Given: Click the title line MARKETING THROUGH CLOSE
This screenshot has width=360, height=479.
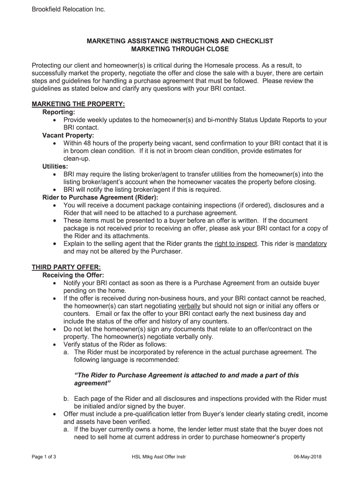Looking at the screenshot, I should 180,49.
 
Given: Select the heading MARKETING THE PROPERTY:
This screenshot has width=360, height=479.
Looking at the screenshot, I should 78,104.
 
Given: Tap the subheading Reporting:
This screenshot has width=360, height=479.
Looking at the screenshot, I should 58,112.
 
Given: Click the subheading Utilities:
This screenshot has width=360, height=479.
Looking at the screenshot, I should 55,166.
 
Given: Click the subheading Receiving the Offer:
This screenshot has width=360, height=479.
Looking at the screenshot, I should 73,275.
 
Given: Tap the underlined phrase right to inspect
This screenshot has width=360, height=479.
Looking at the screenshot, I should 236,244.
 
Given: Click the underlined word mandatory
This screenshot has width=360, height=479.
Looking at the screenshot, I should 311,244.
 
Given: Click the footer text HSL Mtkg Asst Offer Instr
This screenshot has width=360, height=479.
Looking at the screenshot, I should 159,457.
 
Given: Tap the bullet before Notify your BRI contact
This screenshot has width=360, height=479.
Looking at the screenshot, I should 56,283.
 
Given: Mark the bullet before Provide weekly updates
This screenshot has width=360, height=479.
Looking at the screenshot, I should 56,120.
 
